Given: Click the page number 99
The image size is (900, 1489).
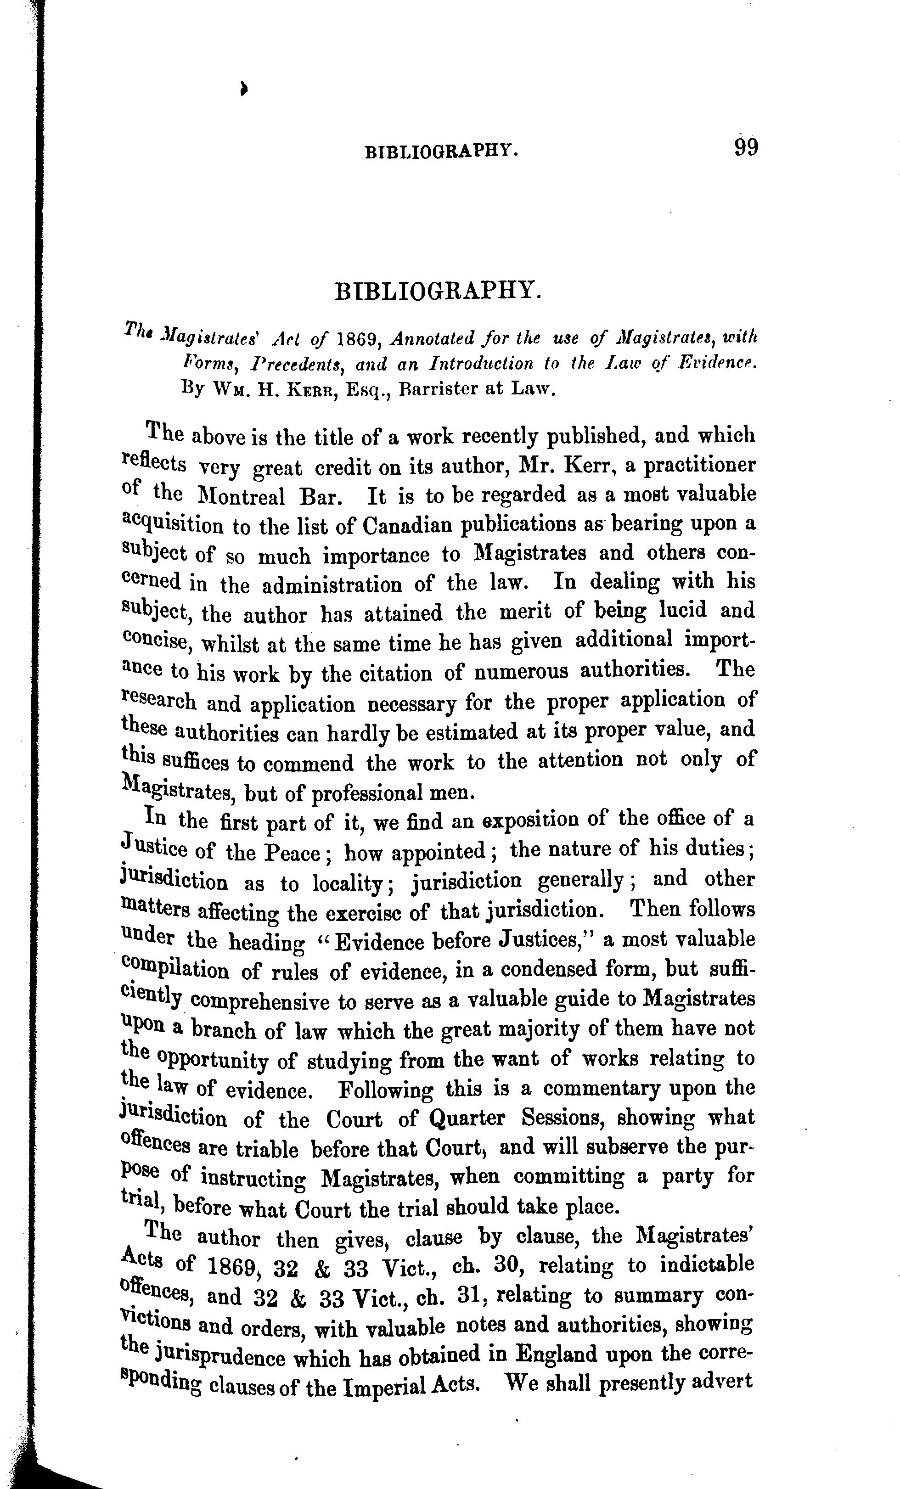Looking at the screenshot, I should [x=746, y=147].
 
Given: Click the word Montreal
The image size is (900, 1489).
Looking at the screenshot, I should [x=241, y=496].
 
